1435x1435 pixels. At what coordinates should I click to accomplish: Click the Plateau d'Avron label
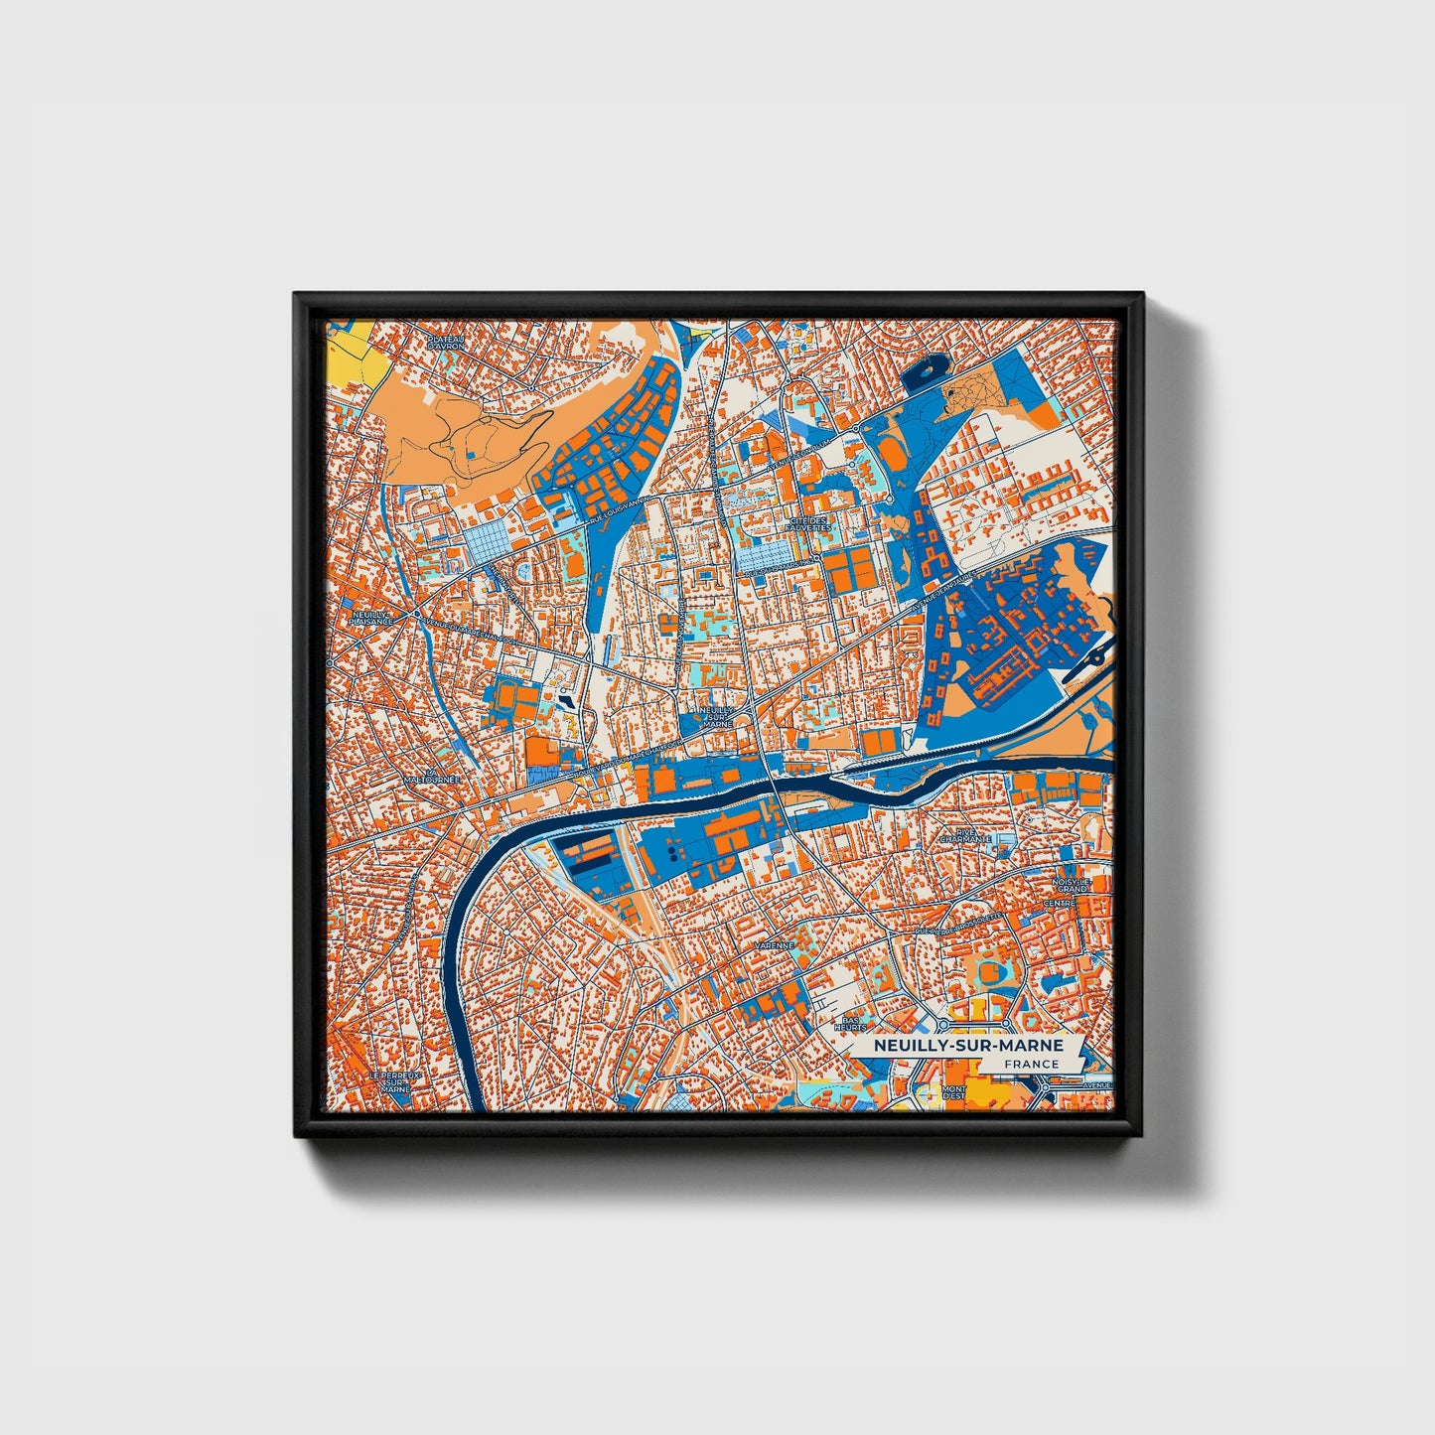446,342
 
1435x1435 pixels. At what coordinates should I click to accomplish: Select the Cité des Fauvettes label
807,523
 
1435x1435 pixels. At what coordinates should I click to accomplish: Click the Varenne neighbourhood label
775,945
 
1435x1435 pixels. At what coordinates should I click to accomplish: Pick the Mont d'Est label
954,1092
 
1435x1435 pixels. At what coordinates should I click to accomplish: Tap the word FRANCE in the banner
1031,1064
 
